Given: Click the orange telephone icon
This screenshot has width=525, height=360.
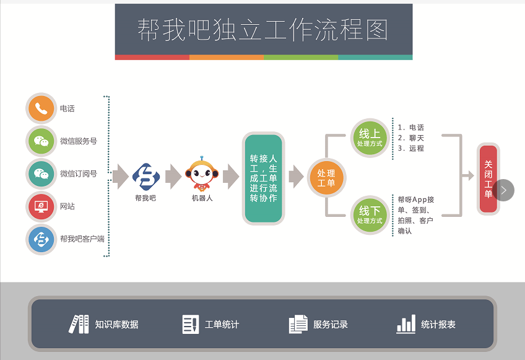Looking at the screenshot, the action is (41, 108).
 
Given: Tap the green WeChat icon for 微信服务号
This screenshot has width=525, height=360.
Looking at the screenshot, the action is (41, 141).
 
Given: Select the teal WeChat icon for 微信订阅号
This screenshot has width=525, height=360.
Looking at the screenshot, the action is (41, 173).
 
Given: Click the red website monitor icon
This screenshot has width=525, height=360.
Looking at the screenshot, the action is (41, 206).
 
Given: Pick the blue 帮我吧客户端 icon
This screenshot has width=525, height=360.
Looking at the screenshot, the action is (41, 239).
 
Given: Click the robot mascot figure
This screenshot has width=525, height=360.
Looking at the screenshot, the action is (202, 174).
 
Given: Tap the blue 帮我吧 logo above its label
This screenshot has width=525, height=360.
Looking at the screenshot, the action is (146, 177).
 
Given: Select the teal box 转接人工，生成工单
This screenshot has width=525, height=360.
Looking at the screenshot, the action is (264, 178).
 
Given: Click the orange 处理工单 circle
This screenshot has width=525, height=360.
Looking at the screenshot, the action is (326, 178).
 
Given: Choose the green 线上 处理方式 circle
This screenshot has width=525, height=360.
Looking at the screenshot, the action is (370, 138).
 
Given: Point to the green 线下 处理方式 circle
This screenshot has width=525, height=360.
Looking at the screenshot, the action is (370, 215).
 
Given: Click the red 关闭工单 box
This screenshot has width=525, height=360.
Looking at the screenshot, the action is (488, 179).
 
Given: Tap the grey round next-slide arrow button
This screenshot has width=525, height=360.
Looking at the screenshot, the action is (503, 190).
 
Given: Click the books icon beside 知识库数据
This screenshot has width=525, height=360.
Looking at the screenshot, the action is (79, 324).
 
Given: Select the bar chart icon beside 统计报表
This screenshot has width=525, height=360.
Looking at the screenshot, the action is (406, 324).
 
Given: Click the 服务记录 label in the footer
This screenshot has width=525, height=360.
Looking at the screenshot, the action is (331, 325).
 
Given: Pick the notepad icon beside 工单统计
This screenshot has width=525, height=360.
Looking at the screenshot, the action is (191, 324).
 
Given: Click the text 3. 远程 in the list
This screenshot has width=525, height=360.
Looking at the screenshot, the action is (411, 148).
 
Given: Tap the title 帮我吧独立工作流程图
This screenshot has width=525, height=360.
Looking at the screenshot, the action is (263, 30).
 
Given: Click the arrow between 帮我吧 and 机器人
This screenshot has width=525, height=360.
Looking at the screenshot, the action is (173, 177).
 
